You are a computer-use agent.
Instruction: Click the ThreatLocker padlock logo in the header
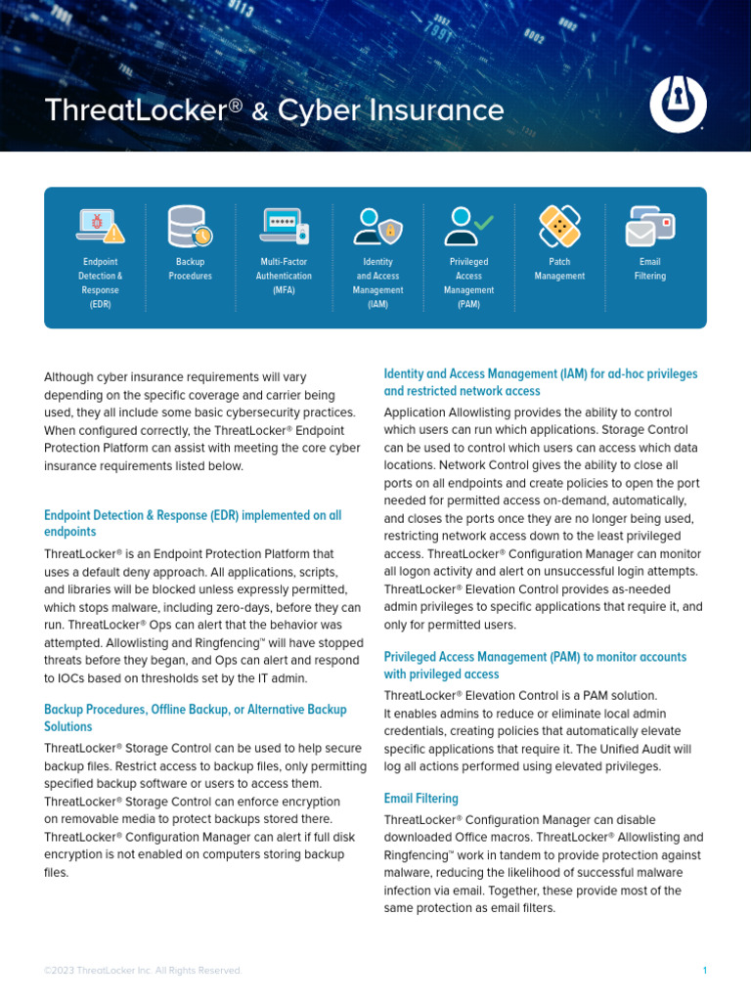click(x=678, y=105)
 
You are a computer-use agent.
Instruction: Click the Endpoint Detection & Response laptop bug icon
click(x=100, y=226)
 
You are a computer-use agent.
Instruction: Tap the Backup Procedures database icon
click(x=189, y=226)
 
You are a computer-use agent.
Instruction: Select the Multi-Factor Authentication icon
click(x=284, y=226)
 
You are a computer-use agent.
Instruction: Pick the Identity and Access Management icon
click(x=377, y=226)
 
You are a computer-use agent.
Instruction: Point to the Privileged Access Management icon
click(x=468, y=226)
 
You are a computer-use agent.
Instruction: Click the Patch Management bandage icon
click(x=559, y=226)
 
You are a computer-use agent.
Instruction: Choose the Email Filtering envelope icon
click(x=649, y=226)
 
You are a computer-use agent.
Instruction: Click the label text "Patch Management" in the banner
click(x=559, y=269)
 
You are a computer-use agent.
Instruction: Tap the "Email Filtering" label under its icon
click(x=649, y=269)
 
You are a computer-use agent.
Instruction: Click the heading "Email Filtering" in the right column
click(x=420, y=799)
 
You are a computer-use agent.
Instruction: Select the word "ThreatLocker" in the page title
click(x=135, y=110)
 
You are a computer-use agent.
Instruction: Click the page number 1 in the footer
click(x=704, y=970)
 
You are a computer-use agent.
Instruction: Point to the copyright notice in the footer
click(x=143, y=970)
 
